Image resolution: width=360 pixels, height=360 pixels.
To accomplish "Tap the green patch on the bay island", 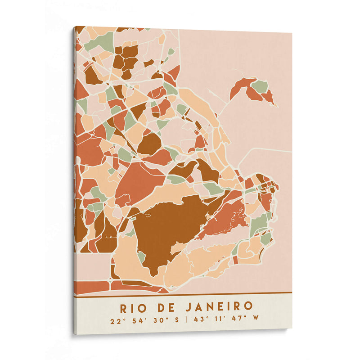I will click(260, 86).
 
